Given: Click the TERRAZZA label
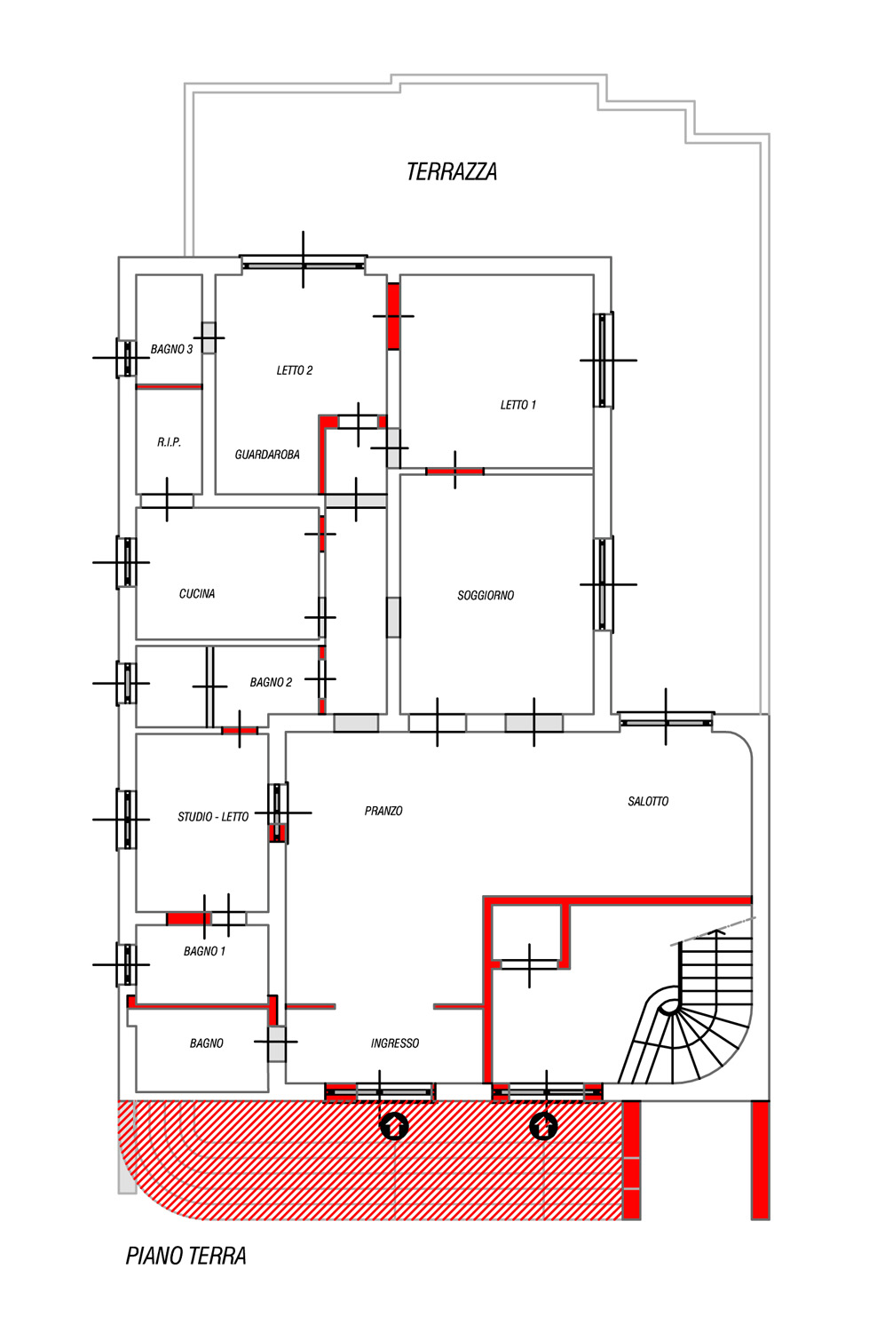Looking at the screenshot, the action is coord(452,172).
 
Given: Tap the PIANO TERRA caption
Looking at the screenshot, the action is coord(186,1256).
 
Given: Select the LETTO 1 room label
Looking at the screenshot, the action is coord(518,405).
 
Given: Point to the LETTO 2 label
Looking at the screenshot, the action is coord(294,370).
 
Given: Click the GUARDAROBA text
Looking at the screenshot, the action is coord(267,455).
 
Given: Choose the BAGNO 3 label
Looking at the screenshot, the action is coord(171,350).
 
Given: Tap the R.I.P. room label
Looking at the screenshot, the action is coord(169,442).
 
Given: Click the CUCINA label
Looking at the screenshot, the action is coord(197,593).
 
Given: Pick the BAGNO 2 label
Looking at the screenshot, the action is coord(271,683).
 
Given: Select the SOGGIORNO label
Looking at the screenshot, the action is coord(486,595).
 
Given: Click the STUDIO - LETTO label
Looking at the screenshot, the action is coord(213,817).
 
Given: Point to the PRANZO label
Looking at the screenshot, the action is coord(383,811).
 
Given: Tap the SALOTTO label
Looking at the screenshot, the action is coord(648,802).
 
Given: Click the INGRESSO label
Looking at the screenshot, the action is coord(395,1043).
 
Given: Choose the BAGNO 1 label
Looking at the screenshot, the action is coord(204,951).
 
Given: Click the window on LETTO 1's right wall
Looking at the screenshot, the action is coord(604,360).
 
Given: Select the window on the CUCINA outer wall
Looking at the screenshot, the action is coord(127,562).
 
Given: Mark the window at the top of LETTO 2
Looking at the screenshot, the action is coord(304,262).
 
